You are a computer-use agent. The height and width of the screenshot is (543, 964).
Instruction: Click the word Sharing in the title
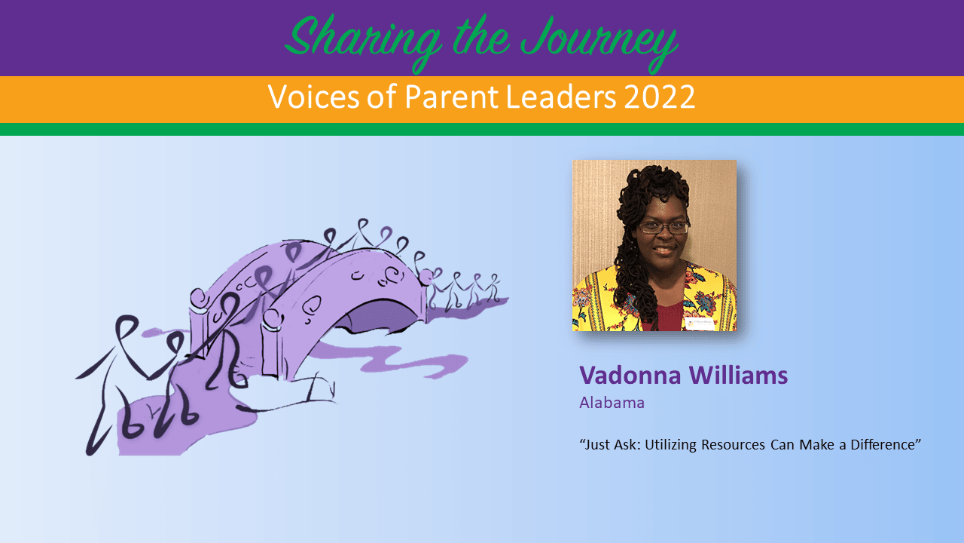(364, 41)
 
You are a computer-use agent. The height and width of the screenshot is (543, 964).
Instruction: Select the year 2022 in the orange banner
(659, 97)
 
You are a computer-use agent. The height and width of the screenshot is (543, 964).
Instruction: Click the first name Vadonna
(630, 375)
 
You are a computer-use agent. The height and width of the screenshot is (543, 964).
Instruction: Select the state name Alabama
(612, 403)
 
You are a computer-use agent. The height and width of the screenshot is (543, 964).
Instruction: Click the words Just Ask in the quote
(610, 444)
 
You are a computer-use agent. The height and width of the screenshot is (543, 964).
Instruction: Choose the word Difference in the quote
(886, 444)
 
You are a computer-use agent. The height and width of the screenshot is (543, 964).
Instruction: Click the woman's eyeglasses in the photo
(664, 227)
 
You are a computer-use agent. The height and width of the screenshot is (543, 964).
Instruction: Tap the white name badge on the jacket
(700, 324)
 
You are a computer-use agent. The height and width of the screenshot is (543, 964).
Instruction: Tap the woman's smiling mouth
(664, 251)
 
